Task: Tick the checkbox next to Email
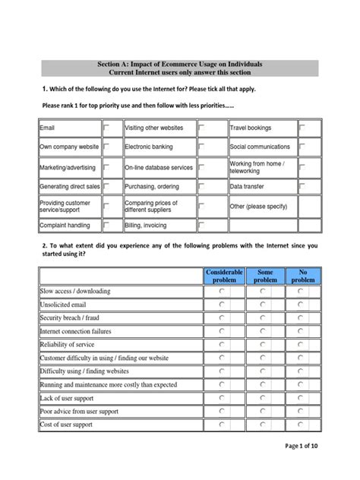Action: pos(107,128)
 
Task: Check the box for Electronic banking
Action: pos(202,147)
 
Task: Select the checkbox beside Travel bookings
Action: pos(302,128)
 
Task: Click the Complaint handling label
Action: pos(65,226)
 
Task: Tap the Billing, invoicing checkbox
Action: pos(202,226)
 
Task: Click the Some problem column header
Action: pos(265,276)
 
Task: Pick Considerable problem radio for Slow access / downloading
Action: pos(222,292)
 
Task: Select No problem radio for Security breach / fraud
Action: pos(302,318)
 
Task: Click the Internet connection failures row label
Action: pos(75,332)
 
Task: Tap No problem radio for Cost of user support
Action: pos(302,425)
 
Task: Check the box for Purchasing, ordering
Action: pos(202,185)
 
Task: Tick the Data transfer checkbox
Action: pos(302,185)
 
